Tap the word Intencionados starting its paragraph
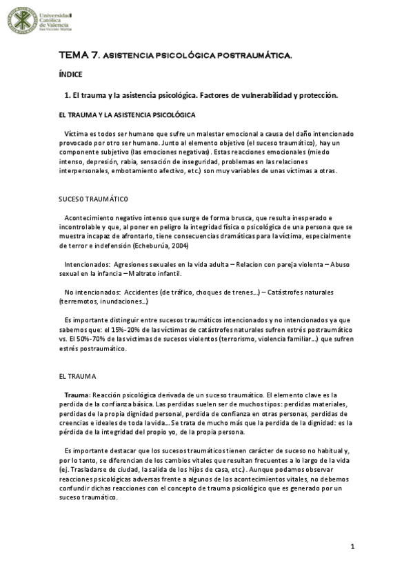[87, 264]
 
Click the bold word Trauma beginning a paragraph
[76, 393]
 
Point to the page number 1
[352, 547]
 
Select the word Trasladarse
[90, 468]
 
